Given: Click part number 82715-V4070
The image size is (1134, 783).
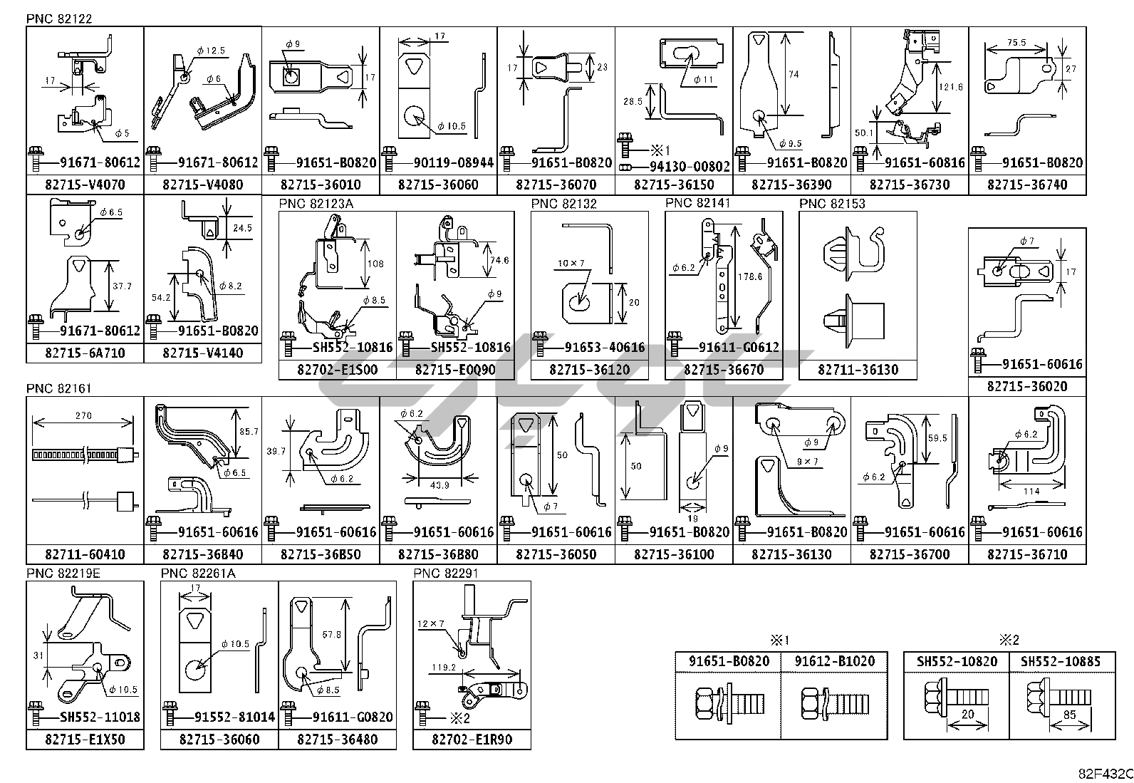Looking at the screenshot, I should click(x=84, y=185).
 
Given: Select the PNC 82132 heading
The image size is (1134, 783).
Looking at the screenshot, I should click(x=563, y=204).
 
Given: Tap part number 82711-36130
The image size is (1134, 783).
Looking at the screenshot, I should click(x=858, y=370).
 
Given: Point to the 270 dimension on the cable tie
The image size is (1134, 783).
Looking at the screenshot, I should click(x=83, y=415).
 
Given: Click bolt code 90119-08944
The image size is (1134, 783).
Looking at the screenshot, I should click(x=453, y=162).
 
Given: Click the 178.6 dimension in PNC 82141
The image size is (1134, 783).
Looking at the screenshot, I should click(x=750, y=276).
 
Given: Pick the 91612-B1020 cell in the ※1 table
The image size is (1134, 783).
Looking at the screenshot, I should click(x=835, y=661).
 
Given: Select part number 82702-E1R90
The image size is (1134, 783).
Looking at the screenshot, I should click(x=472, y=740).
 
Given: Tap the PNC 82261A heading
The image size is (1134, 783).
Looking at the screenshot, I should click(x=197, y=574).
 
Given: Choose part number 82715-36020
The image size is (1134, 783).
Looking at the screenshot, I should click(x=1027, y=386).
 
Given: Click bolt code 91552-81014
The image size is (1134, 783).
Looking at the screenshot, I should click(x=234, y=717).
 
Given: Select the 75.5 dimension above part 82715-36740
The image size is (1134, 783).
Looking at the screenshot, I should click(x=1016, y=43).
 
